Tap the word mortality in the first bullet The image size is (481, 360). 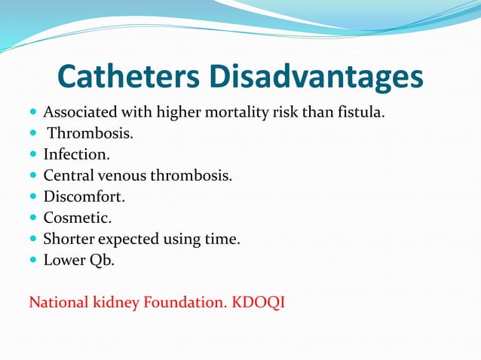[242, 113]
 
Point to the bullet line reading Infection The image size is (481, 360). [76, 155]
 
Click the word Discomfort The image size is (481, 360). [84, 197]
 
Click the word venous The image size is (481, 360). [121, 176]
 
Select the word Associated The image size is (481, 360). [78, 113]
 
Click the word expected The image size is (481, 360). [131, 239]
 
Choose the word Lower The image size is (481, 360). [65, 261]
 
